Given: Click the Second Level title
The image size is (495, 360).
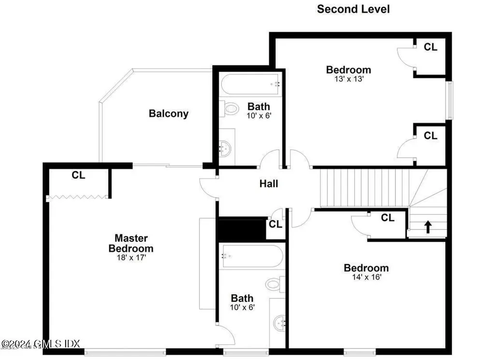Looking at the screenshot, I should (x=353, y=9).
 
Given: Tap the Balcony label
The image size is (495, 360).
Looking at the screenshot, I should (x=168, y=114).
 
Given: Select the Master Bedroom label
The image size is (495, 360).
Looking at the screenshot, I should (x=131, y=243).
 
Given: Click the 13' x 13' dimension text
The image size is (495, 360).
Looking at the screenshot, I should (x=348, y=79).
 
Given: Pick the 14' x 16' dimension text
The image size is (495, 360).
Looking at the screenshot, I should (x=366, y=277).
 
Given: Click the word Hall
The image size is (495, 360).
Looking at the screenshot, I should (x=269, y=183).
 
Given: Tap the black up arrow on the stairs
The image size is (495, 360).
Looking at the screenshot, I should (x=427, y=226).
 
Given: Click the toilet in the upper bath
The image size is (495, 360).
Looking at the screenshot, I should (x=229, y=109).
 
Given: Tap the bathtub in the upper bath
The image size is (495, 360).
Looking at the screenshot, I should (x=250, y=84).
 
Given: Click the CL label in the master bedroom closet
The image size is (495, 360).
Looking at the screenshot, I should (x=78, y=175).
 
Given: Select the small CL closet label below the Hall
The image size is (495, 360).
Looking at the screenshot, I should (x=275, y=224).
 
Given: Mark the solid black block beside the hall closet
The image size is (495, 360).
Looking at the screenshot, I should (x=241, y=229).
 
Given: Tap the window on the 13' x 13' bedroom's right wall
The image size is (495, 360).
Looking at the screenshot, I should (x=449, y=100).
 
